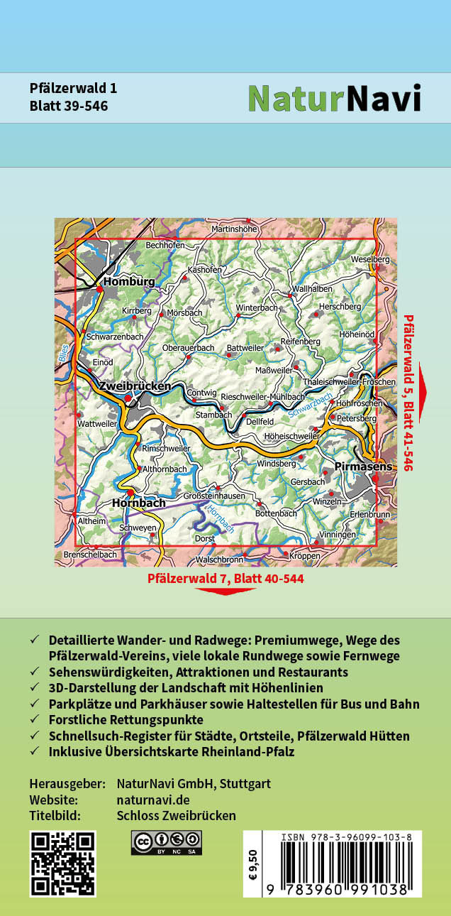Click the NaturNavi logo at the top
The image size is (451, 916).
coord(334,99)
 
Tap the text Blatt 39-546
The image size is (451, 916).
coord(69,107)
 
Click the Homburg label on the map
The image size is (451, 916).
coord(129,282)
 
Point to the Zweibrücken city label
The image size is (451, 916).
coord(135,386)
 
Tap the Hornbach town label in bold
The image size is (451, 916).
coord(139,503)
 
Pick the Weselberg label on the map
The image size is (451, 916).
coord(370,260)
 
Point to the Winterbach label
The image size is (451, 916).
coord(257,308)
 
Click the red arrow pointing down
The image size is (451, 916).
coord(225,591)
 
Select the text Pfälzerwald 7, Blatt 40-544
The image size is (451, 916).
coord(225,579)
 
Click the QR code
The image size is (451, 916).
coord(63,863)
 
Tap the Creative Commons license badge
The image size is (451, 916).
coord(166,842)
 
